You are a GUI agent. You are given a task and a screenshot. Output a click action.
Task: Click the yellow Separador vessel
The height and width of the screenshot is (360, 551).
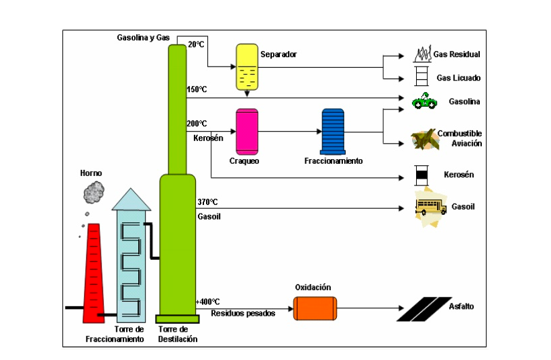(247, 68)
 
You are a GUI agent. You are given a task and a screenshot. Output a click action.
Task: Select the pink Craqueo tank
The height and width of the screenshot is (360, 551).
(247, 130)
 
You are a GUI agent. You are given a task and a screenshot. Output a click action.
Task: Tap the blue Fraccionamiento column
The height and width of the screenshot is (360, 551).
(333, 130)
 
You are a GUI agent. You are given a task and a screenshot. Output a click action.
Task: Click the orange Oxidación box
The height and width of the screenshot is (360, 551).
(315, 308)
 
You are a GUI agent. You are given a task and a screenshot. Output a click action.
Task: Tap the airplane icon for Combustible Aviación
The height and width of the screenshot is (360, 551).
(423, 138)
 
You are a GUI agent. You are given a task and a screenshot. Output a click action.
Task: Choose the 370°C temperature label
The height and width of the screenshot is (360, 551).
(207, 201)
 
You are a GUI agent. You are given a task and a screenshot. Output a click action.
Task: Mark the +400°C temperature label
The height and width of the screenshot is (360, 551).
(208, 302)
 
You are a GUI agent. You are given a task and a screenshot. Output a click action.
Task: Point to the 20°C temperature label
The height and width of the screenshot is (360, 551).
(196, 44)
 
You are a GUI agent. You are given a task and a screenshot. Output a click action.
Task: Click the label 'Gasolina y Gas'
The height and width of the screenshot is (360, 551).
(143, 38)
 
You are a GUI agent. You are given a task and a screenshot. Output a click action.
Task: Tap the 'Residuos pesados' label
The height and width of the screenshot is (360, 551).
(243, 313)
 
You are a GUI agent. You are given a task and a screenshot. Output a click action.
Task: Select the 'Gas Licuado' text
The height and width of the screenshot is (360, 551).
(458, 78)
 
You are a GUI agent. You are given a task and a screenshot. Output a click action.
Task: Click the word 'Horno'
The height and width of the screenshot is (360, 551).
(91, 173)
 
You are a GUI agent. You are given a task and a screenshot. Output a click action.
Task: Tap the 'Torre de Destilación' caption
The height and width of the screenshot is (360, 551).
(178, 334)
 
